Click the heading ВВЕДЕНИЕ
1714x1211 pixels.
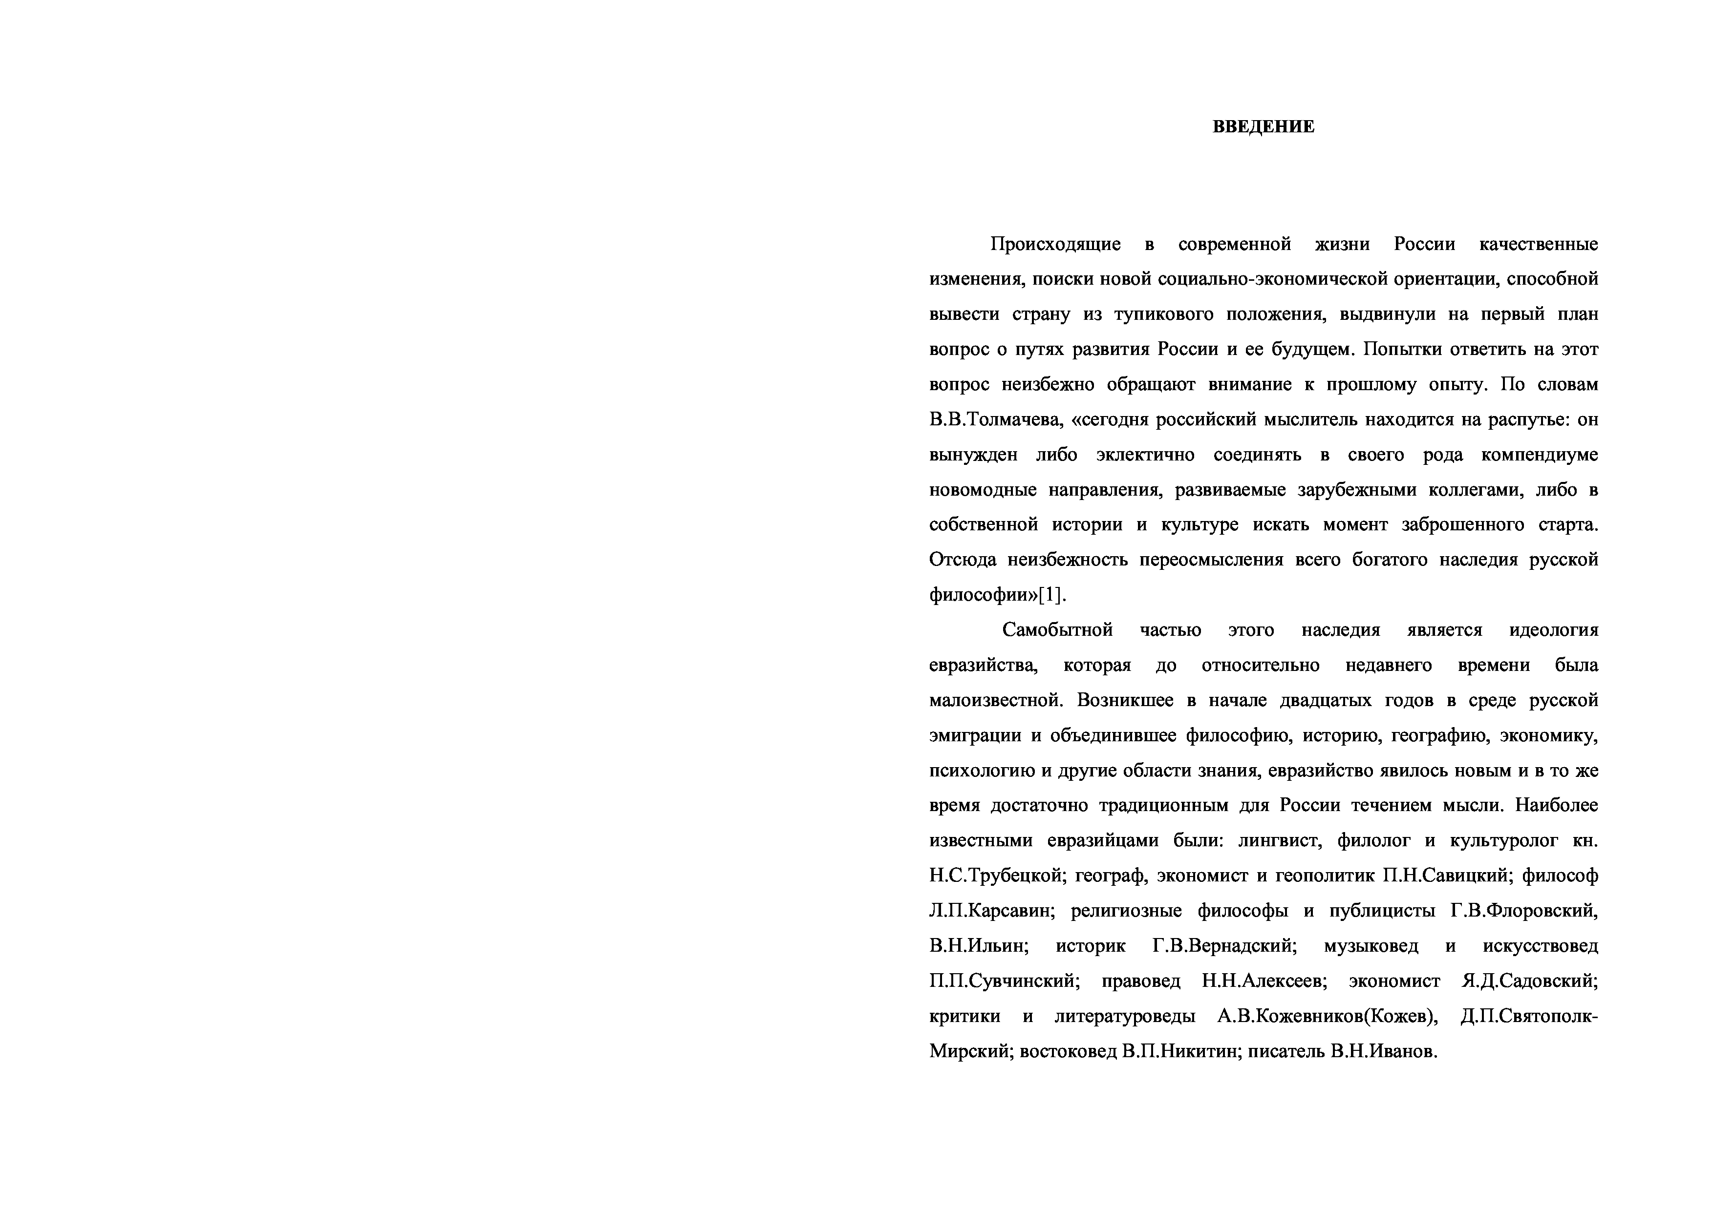pyautogui.click(x=1263, y=127)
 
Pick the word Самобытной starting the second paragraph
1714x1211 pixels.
pyautogui.click(x=1057, y=630)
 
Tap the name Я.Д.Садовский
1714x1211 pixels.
pyautogui.click(x=1529, y=981)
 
